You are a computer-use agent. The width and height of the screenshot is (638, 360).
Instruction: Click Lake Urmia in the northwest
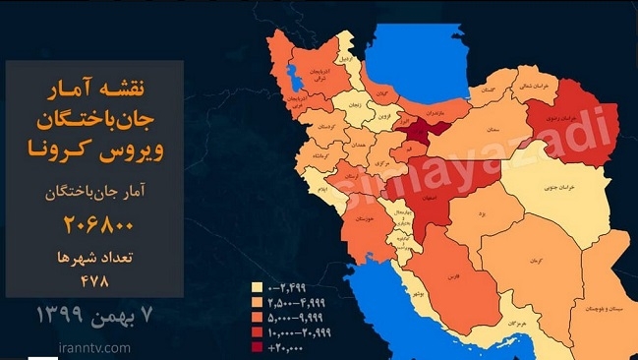(292, 74)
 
